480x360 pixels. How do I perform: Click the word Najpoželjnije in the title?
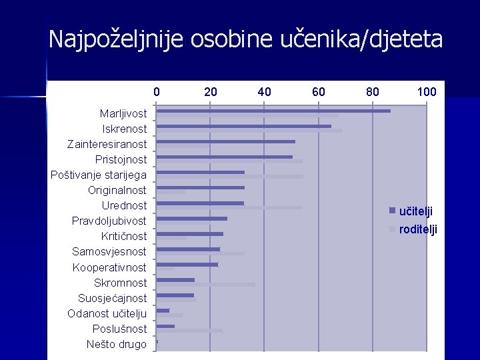[x=116, y=39]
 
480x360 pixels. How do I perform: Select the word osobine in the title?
[x=232, y=39]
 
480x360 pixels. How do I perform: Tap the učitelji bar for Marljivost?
[x=273, y=111]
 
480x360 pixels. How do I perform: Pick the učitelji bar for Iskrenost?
[x=244, y=127]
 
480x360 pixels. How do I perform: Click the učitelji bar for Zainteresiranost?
[x=225, y=142]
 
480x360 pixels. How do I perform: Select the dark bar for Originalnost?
[x=201, y=187]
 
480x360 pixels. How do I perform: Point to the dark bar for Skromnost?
[x=175, y=280]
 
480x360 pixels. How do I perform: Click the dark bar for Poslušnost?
[x=165, y=326]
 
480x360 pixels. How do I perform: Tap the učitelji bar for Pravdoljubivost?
[x=191, y=219]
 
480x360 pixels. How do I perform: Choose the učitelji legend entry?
[x=411, y=211]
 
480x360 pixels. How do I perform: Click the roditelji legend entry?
[x=413, y=229]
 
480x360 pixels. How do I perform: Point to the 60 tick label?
[x=319, y=92]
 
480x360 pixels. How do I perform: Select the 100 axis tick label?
[x=427, y=92]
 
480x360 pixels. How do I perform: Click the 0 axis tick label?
[x=157, y=92]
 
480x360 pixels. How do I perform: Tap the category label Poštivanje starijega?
[x=99, y=175]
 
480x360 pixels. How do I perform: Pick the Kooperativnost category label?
[x=109, y=267]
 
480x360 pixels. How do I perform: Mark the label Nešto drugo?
[x=117, y=345]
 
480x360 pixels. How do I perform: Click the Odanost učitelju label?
[x=107, y=314]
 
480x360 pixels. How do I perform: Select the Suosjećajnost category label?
[x=113, y=299]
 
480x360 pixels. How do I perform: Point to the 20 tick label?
[x=210, y=92]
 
